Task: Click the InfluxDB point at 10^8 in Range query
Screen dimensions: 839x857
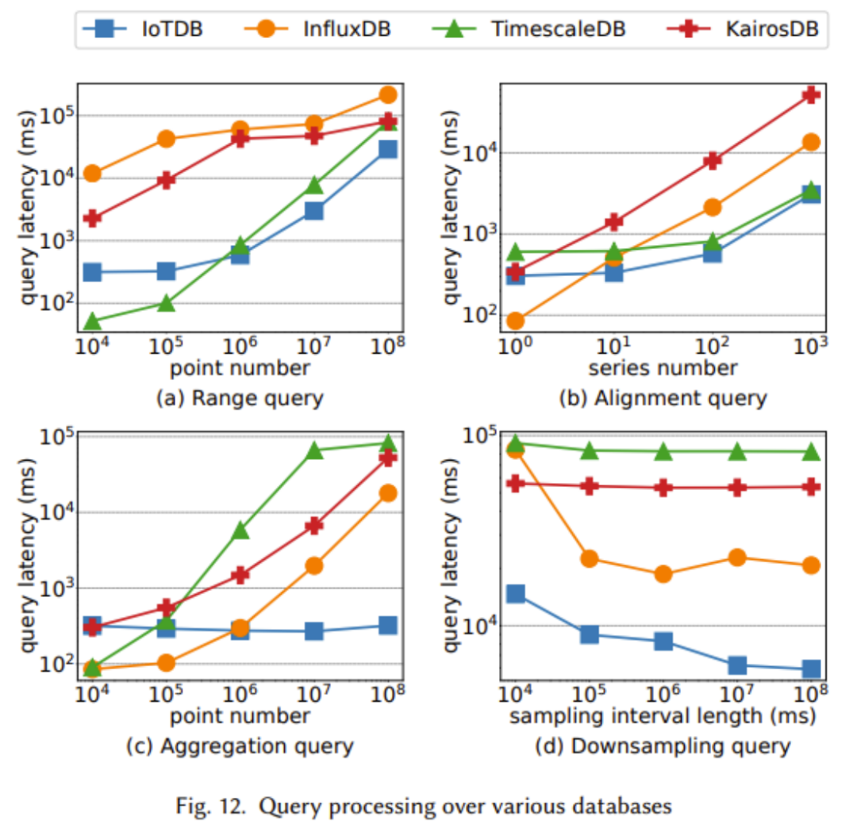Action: click(388, 94)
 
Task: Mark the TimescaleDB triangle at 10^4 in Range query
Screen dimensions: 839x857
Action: click(92, 320)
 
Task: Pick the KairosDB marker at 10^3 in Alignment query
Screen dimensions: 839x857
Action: click(811, 94)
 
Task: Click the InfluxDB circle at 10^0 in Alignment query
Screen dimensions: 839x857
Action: click(515, 320)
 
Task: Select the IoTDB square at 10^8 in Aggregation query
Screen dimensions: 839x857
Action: click(388, 625)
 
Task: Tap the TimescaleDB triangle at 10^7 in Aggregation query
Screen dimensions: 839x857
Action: click(314, 450)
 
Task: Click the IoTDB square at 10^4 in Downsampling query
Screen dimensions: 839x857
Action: click(515, 593)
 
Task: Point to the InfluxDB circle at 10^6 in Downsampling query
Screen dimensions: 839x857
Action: click(663, 574)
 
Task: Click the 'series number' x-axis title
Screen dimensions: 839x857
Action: click(663, 368)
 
